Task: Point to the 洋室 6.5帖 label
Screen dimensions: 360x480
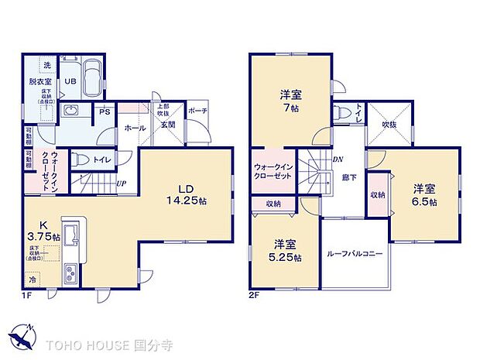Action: pyautogui.click(x=423, y=194)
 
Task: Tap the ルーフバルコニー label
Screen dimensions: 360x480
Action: pyautogui.click(x=355, y=254)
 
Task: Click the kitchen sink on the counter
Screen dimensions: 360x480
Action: pyautogui.click(x=69, y=236)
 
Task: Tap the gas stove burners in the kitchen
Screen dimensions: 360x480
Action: pyautogui.click(x=70, y=274)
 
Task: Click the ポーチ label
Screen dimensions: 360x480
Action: pyautogui.click(x=197, y=111)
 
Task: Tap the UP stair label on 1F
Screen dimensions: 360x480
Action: pyautogui.click(x=122, y=184)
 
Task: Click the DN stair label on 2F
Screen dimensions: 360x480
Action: pyautogui.click(x=338, y=159)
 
